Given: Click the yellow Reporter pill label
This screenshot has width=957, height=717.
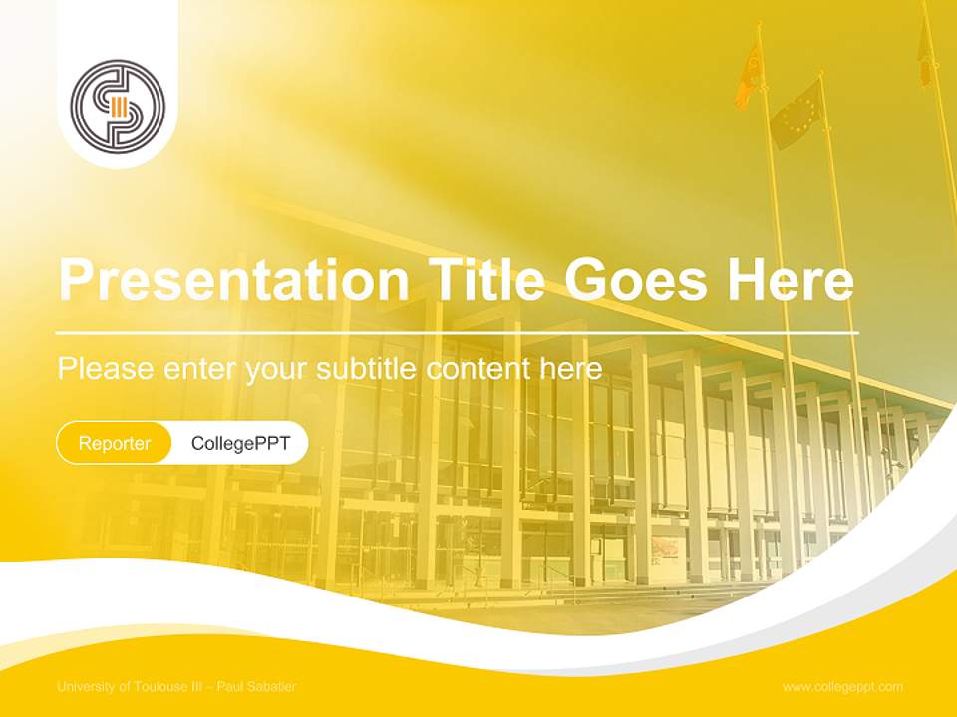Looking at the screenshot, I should pos(114,443).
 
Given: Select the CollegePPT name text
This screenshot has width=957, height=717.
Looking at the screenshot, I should pos(240,443).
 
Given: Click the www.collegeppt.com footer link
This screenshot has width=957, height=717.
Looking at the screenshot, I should pos(842,687).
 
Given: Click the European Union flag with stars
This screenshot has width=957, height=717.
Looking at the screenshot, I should pos(797,114).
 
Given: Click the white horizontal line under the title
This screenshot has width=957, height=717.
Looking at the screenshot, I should pos(458,331).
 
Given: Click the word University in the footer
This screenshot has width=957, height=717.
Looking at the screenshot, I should pos(86,687).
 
